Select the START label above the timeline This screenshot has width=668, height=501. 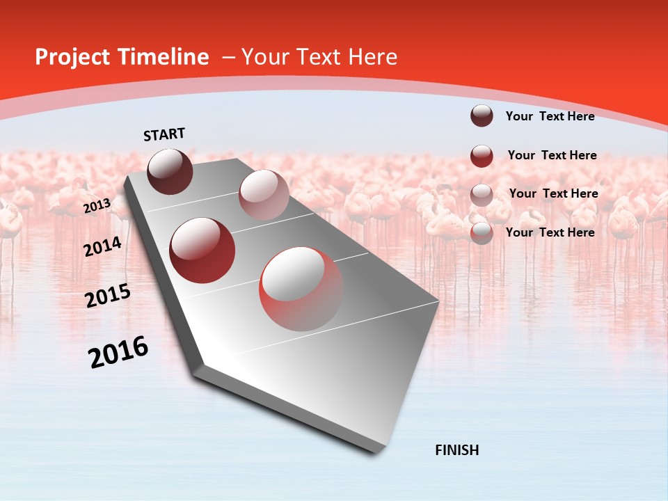(x=164, y=134)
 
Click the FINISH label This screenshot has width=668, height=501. (x=457, y=450)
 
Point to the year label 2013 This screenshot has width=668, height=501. (x=97, y=206)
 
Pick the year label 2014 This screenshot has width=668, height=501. (x=103, y=247)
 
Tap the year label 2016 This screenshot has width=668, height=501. (x=118, y=352)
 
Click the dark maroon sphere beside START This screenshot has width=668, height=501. (x=170, y=171)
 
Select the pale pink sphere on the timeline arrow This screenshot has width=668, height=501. (x=263, y=195)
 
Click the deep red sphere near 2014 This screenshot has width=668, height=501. (x=202, y=250)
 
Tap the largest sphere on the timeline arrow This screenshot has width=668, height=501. (x=301, y=289)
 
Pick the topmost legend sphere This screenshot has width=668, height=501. (x=482, y=116)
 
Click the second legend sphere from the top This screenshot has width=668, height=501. (x=482, y=156)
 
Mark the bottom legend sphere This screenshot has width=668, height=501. (x=482, y=233)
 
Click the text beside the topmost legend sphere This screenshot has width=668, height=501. (x=550, y=116)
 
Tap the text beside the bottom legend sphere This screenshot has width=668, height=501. (x=550, y=232)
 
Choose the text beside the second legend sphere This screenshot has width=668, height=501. (x=552, y=155)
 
